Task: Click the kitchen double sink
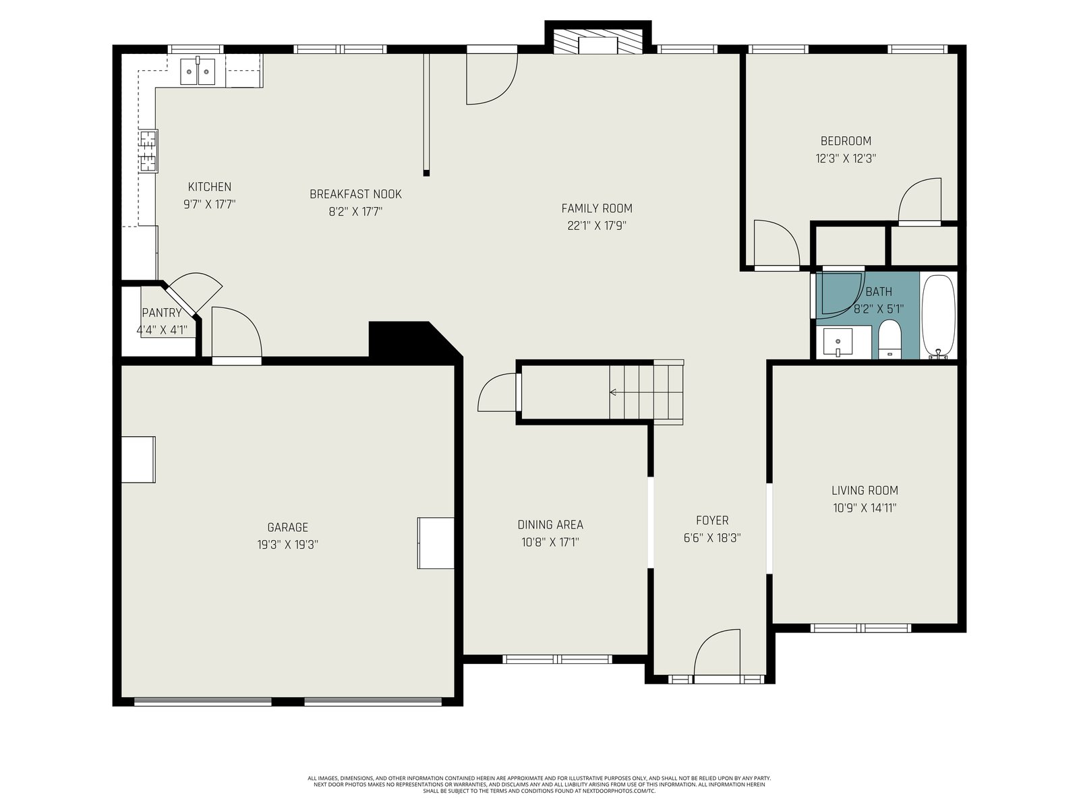tap(198, 71)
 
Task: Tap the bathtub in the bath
tap(939, 317)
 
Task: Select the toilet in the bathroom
tap(889, 339)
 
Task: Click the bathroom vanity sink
tap(838, 342)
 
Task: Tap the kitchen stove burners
tap(148, 151)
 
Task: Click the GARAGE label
tap(287, 527)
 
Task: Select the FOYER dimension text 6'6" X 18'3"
tap(711, 538)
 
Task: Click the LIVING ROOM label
tap(865, 490)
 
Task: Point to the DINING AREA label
tap(550, 525)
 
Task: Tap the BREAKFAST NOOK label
tap(355, 194)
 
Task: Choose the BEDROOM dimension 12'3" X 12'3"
tap(846, 158)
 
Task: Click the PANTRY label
tap(162, 313)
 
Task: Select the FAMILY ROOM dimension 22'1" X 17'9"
tap(597, 226)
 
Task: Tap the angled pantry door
tap(181, 299)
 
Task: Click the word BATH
tap(879, 292)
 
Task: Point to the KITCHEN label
tap(210, 187)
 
